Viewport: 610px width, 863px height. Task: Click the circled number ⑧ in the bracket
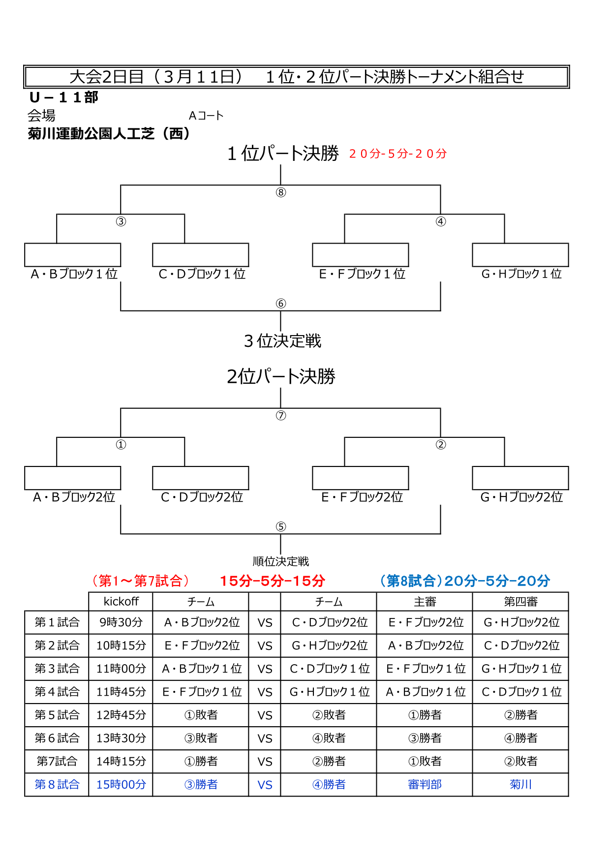[280, 192]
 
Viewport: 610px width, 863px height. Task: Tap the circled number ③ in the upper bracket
[121, 221]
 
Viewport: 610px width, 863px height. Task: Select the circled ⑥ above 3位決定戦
[280, 304]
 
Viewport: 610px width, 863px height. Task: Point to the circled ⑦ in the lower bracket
[280, 416]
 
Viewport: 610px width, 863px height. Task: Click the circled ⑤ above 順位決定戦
[280, 527]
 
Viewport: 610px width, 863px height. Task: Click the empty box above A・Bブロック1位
[73, 255]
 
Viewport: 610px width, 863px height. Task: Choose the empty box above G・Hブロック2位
[520, 478]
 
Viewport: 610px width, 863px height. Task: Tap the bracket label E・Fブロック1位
[362, 274]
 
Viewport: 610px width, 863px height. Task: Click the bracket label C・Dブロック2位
[202, 497]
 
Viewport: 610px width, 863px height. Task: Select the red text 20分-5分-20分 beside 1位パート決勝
[398, 154]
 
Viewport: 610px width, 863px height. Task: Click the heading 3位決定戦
[282, 340]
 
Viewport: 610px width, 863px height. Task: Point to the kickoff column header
[121, 602]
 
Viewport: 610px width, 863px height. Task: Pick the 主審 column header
[425, 602]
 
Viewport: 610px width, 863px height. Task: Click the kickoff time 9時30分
[121, 622]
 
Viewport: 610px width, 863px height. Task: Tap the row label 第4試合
[57, 692]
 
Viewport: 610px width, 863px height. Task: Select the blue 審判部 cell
[425, 784]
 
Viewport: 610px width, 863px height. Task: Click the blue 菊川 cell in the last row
[520, 784]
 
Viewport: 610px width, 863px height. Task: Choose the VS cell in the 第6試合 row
[265, 739]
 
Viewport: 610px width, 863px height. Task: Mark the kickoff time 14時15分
[121, 761]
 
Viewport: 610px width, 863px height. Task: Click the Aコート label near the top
[206, 116]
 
